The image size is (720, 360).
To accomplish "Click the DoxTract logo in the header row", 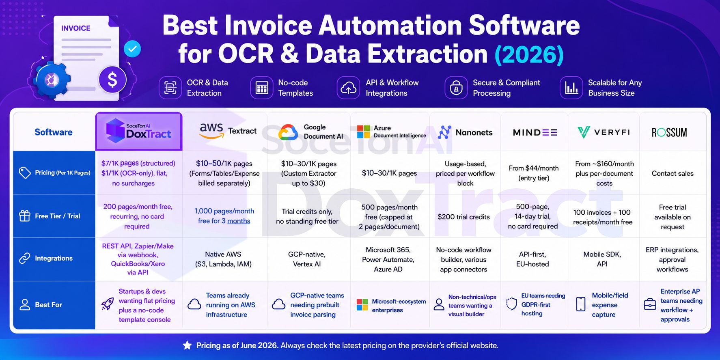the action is tap(138, 131).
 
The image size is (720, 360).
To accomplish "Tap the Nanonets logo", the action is tap(466, 132).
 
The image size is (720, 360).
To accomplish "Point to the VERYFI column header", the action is tap(604, 132).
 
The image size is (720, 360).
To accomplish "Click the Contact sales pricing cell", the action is tap(673, 173).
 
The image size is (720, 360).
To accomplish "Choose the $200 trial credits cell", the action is tap(463, 217).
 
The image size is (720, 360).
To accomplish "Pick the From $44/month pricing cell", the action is tap(534, 173).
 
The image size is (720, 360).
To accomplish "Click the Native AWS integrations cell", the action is tap(223, 259).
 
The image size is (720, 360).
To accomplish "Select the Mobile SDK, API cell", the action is tap(602, 259).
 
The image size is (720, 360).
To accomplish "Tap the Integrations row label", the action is tap(54, 258).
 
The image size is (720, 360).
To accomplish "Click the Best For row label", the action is tap(48, 304).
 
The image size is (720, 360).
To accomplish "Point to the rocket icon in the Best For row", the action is tap(108, 304).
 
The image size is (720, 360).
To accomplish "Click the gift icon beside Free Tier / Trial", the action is tap(25, 216).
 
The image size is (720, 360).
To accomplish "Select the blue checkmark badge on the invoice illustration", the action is tap(132, 49).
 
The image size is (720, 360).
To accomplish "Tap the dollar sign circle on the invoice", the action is tap(112, 80).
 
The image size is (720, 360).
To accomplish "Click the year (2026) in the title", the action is tap(529, 54).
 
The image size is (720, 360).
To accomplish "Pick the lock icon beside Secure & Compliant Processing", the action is tap(456, 88).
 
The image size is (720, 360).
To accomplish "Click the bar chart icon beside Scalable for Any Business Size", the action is tap(571, 88).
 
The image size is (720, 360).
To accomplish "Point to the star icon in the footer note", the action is tap(187, 345).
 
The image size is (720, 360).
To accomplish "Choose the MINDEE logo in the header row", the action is tap(535, 132).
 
